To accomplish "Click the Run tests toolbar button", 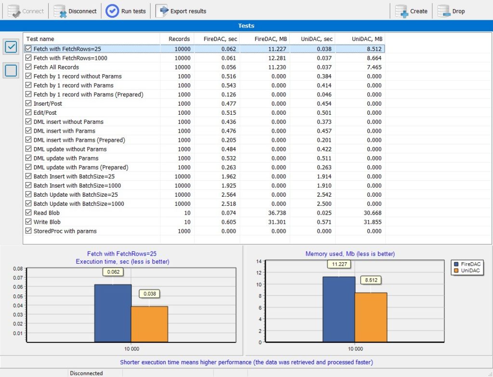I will [x=126, y=11].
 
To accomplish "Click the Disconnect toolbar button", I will [x=75, y=11].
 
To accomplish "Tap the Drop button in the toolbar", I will [x=451, y=11].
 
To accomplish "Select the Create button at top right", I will [x=411, y=11].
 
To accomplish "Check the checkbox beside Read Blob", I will [x=28, y=213].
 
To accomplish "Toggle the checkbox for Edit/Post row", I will [x=28, y=112].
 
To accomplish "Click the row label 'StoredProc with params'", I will [x=65, y=231].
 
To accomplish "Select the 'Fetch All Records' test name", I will [x=56, y=67].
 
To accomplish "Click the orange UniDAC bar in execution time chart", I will [x=149, y=324].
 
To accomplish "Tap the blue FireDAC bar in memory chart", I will [x=338, y=309].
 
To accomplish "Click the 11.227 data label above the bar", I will [x=339, y=264].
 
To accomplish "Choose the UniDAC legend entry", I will [x=467, y=271].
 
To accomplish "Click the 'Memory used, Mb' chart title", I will [x=350, y=254].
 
